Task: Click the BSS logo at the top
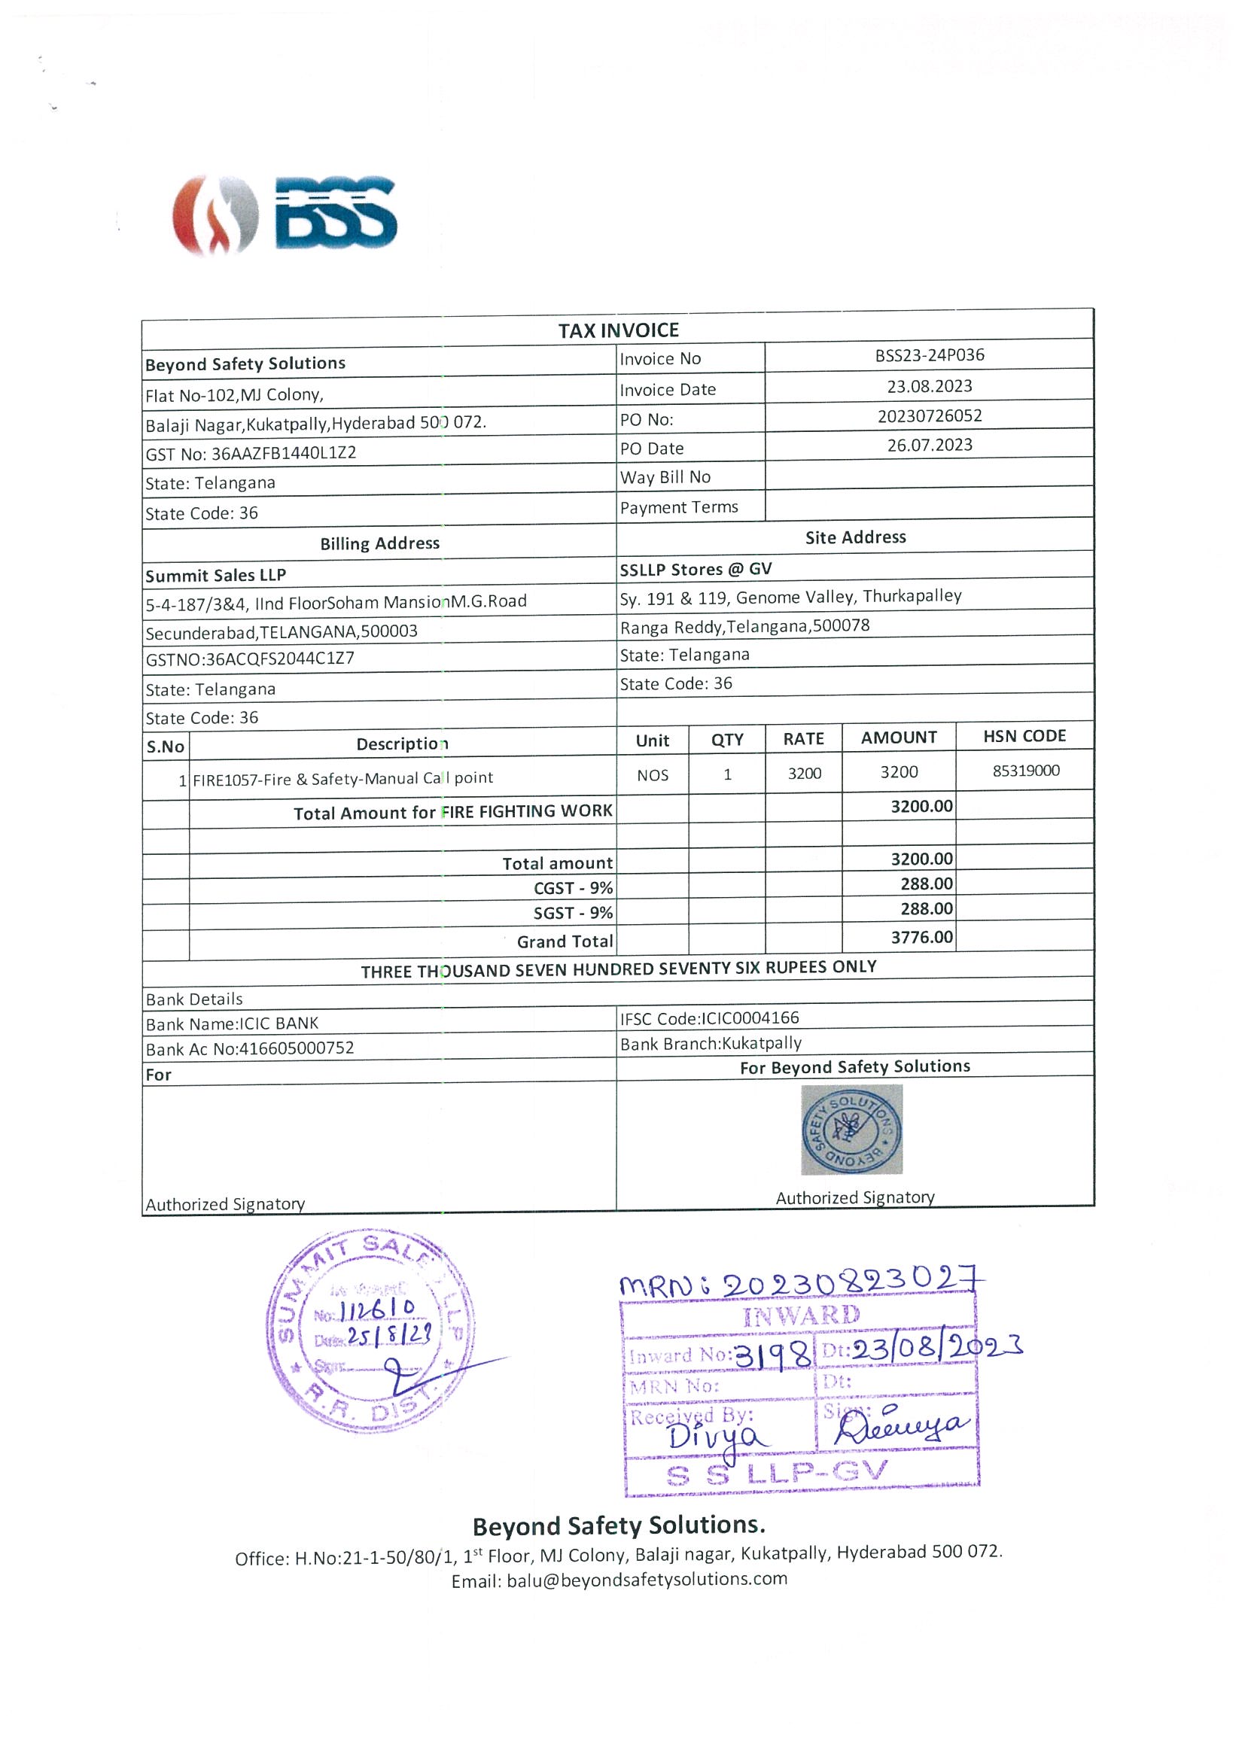(284, 214)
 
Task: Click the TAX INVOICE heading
(618, 330)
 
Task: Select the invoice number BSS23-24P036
(929, 355)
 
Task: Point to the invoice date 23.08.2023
(929, 386)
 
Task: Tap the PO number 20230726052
(929, 415)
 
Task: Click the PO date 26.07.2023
(929, 445)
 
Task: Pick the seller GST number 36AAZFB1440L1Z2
(284, 453)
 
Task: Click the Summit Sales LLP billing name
(215, 575)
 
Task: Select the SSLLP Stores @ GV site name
(696, 569)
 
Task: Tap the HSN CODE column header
(1024, 736)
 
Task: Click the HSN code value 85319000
(1026, 771)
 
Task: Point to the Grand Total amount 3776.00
(921, 937)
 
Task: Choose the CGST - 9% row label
(573, 888)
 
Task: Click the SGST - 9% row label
(573, 914)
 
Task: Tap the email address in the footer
(647, 1579)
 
